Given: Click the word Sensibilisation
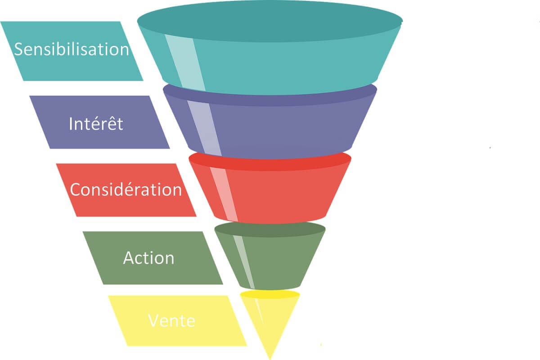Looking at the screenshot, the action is [x=72, y=49].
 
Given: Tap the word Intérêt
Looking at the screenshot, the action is [x=96, y=124].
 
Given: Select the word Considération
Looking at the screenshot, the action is [x=126, y=189].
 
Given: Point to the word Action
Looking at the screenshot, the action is [x=148, y=258].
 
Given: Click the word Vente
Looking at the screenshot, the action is [x=171, y=321].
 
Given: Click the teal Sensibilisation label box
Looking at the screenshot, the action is [x=72, y=51].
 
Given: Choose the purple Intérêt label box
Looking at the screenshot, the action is [x=99, y=122].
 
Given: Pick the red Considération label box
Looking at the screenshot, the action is [x=126, y=190].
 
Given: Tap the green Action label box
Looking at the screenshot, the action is [x=153, y=258].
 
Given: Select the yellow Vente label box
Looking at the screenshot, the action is [x=178, y=321].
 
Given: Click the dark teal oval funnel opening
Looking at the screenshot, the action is [x=270, y=21].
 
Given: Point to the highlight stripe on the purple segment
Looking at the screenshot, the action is [x=204, y=128].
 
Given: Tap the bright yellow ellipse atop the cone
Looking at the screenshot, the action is [x=270, y=294].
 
